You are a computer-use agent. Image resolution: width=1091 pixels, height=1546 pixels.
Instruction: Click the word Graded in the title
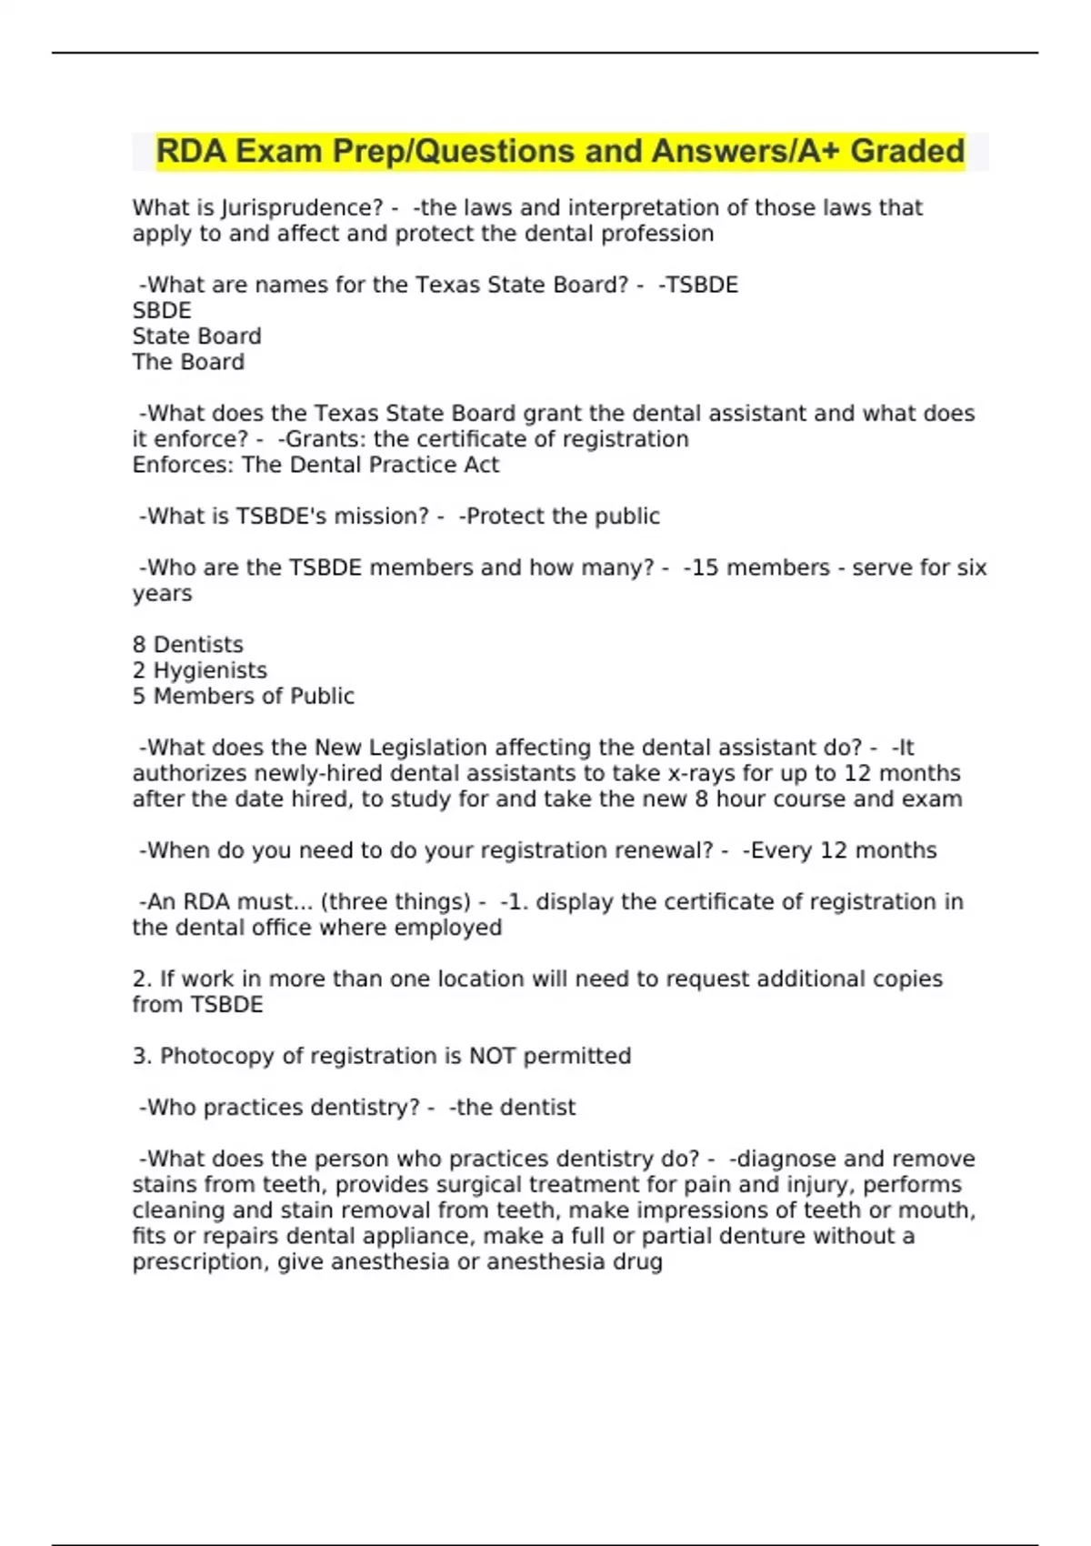[x=906, y=151]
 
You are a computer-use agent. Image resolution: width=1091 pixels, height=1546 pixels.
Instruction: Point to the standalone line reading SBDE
[x=162, y=311]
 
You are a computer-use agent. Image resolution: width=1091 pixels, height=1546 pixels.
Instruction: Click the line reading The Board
[x=188, y=362]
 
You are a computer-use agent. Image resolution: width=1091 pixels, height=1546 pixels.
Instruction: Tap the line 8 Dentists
[x=187, y=645]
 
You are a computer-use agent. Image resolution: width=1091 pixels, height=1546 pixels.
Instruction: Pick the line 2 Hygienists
[x=199, y=670]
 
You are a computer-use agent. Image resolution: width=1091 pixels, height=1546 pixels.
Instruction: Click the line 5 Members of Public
[x=243, y=697]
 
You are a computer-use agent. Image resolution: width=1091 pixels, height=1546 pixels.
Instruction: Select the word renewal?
[x=666, y=850]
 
